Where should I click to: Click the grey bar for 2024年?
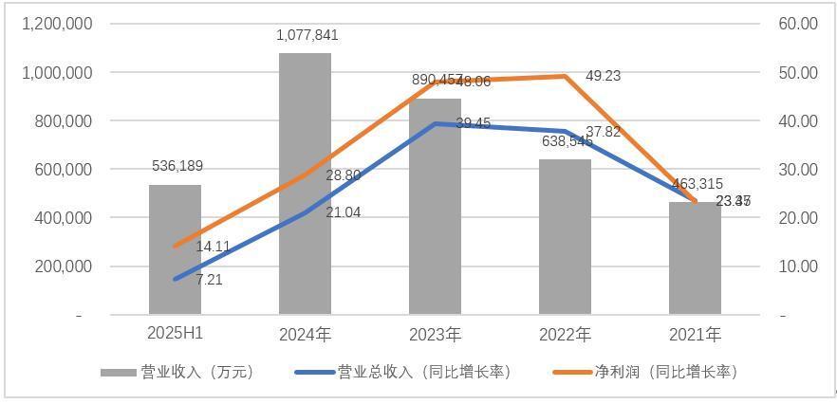[305, 184]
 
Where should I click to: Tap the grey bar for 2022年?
[565, 237]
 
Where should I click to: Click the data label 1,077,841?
[307, 36]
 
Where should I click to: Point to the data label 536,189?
[177, 167]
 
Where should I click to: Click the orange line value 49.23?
[604, 76]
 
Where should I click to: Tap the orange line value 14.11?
[213, 247]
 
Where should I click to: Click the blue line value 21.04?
[343, 212]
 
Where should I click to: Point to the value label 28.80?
[343, 176]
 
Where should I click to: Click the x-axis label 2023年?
[435, 335]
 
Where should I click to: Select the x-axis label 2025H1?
[176, 335]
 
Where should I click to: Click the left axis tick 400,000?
[62, 217]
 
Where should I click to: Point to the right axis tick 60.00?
[797, 24]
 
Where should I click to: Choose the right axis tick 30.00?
[797, 169]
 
